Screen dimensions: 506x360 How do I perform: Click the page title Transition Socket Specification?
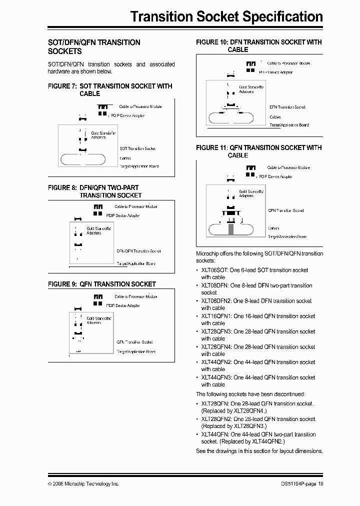coord(226,16)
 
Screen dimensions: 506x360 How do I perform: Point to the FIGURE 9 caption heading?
coord(102,284)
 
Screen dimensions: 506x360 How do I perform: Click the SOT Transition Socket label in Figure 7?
coord(137,148)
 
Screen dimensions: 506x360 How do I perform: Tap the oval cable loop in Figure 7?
coord(83,159)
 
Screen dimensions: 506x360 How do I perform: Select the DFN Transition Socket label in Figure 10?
coord(287,107)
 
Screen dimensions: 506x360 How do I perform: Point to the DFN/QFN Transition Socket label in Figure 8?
coord(138,251)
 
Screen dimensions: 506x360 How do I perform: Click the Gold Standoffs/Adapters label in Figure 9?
coord(98,320)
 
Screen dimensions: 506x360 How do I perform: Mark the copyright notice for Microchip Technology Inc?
coord(83,484)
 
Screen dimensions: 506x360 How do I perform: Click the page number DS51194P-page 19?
coord(302,484)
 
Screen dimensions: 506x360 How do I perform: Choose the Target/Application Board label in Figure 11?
coord(287,236)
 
